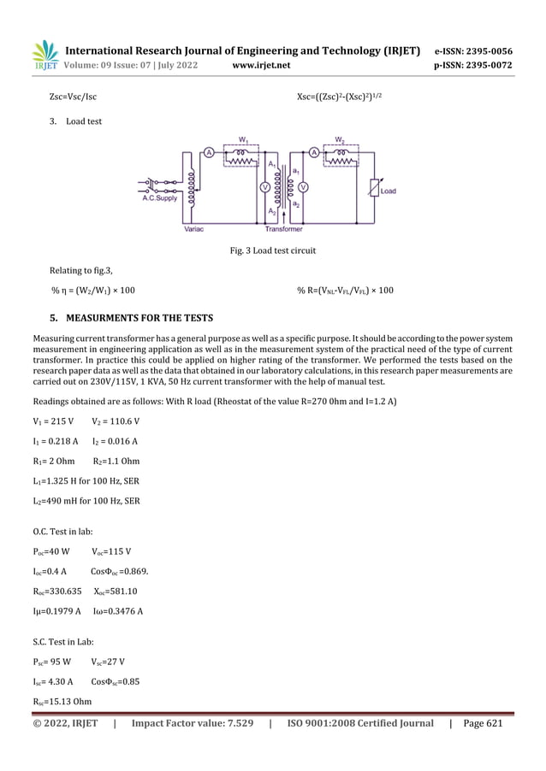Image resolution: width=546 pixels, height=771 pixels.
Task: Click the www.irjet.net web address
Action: (261, 65)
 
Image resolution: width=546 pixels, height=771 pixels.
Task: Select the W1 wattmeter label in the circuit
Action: (243, 139)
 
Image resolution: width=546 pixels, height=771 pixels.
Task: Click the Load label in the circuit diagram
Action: (388, 190)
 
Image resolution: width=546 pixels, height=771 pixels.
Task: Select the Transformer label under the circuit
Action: (284, 229)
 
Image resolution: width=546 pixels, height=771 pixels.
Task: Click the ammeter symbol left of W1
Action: (208, 153)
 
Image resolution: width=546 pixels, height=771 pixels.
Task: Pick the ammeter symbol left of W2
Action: (314, 153)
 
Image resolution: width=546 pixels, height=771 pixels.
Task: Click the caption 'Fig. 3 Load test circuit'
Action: (272, 251)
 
